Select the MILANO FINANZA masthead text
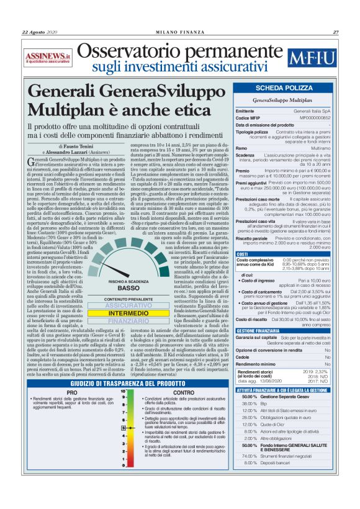tap(180, 32)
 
